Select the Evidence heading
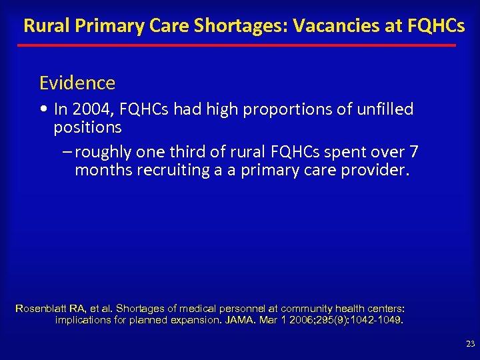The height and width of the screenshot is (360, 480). (x=77, y=83)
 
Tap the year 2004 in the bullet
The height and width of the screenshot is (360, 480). (x=91, y=109)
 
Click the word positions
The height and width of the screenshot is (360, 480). (x=87, y=127)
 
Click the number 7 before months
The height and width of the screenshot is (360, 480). (x=414, y=152)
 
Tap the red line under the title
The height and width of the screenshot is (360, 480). (x=237, y=45)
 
